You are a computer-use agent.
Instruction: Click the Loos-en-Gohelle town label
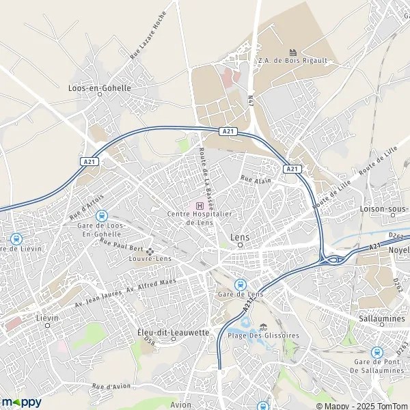(x=100, y=87)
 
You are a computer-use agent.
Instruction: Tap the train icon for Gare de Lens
(x=240, y=284)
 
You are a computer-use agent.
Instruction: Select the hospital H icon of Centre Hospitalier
(x=200, y=206)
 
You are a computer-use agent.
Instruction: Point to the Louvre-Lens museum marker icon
(x=150, y=250)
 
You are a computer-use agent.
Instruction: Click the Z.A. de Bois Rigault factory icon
(x=292, y=52)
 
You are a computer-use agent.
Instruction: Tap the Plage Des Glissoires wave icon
(x=263, y=327)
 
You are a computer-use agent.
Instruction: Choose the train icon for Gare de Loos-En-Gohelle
(x=102, y=216)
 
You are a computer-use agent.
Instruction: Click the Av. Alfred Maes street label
(x=151, y=284)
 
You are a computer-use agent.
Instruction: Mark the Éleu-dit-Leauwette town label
(x=173, y=331)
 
